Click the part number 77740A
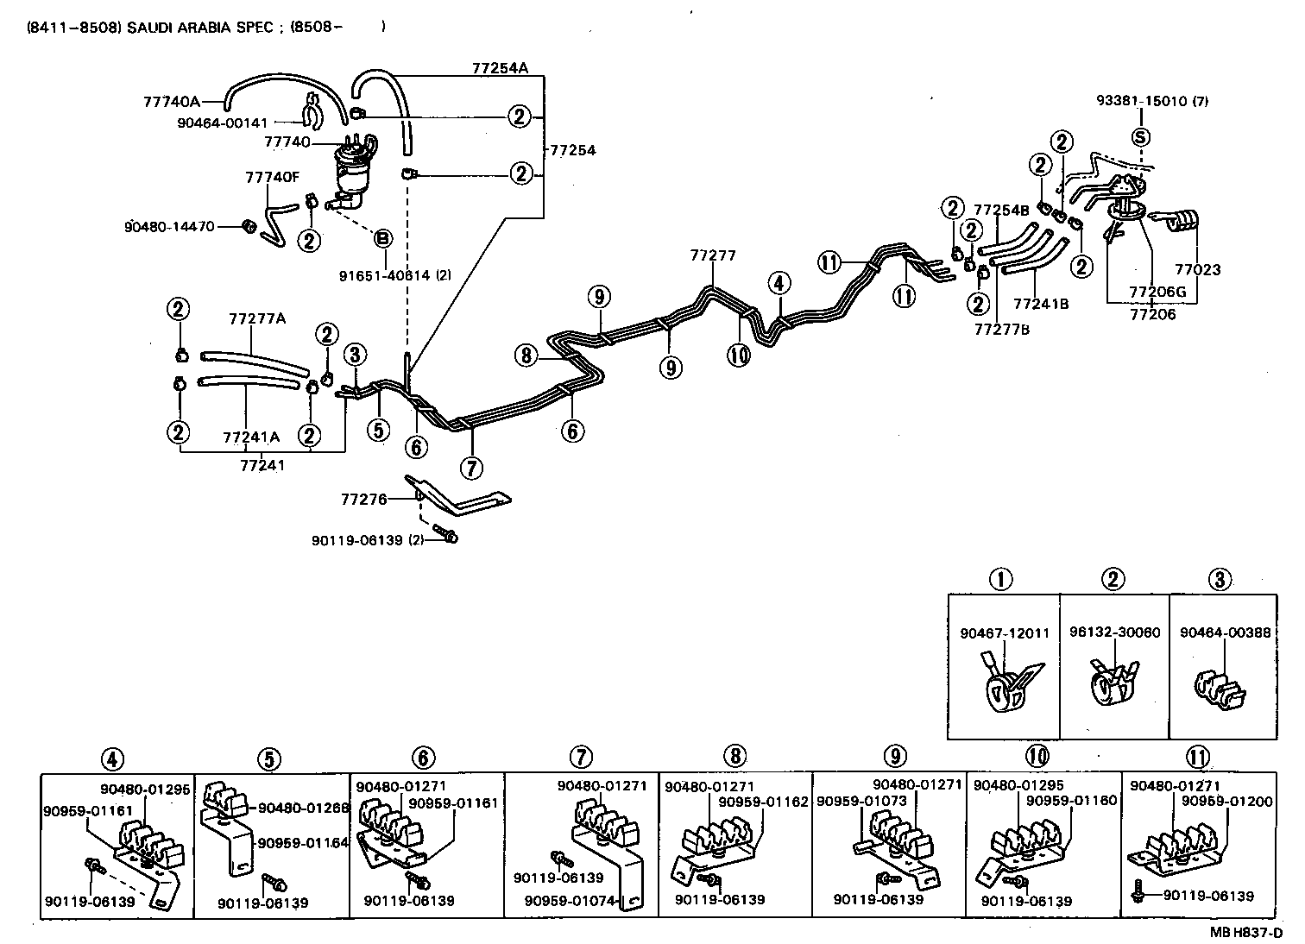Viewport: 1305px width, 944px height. pos(171,102)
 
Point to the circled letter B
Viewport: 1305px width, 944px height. pos(382,237)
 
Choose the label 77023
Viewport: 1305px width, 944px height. pos(1200,269)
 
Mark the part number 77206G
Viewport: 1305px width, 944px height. pos(1158,293)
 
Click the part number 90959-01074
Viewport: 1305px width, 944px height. pos(571,901)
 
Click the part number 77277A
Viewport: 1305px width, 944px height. pos(256,318)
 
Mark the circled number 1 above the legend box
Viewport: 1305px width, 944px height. pos(1000,579)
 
